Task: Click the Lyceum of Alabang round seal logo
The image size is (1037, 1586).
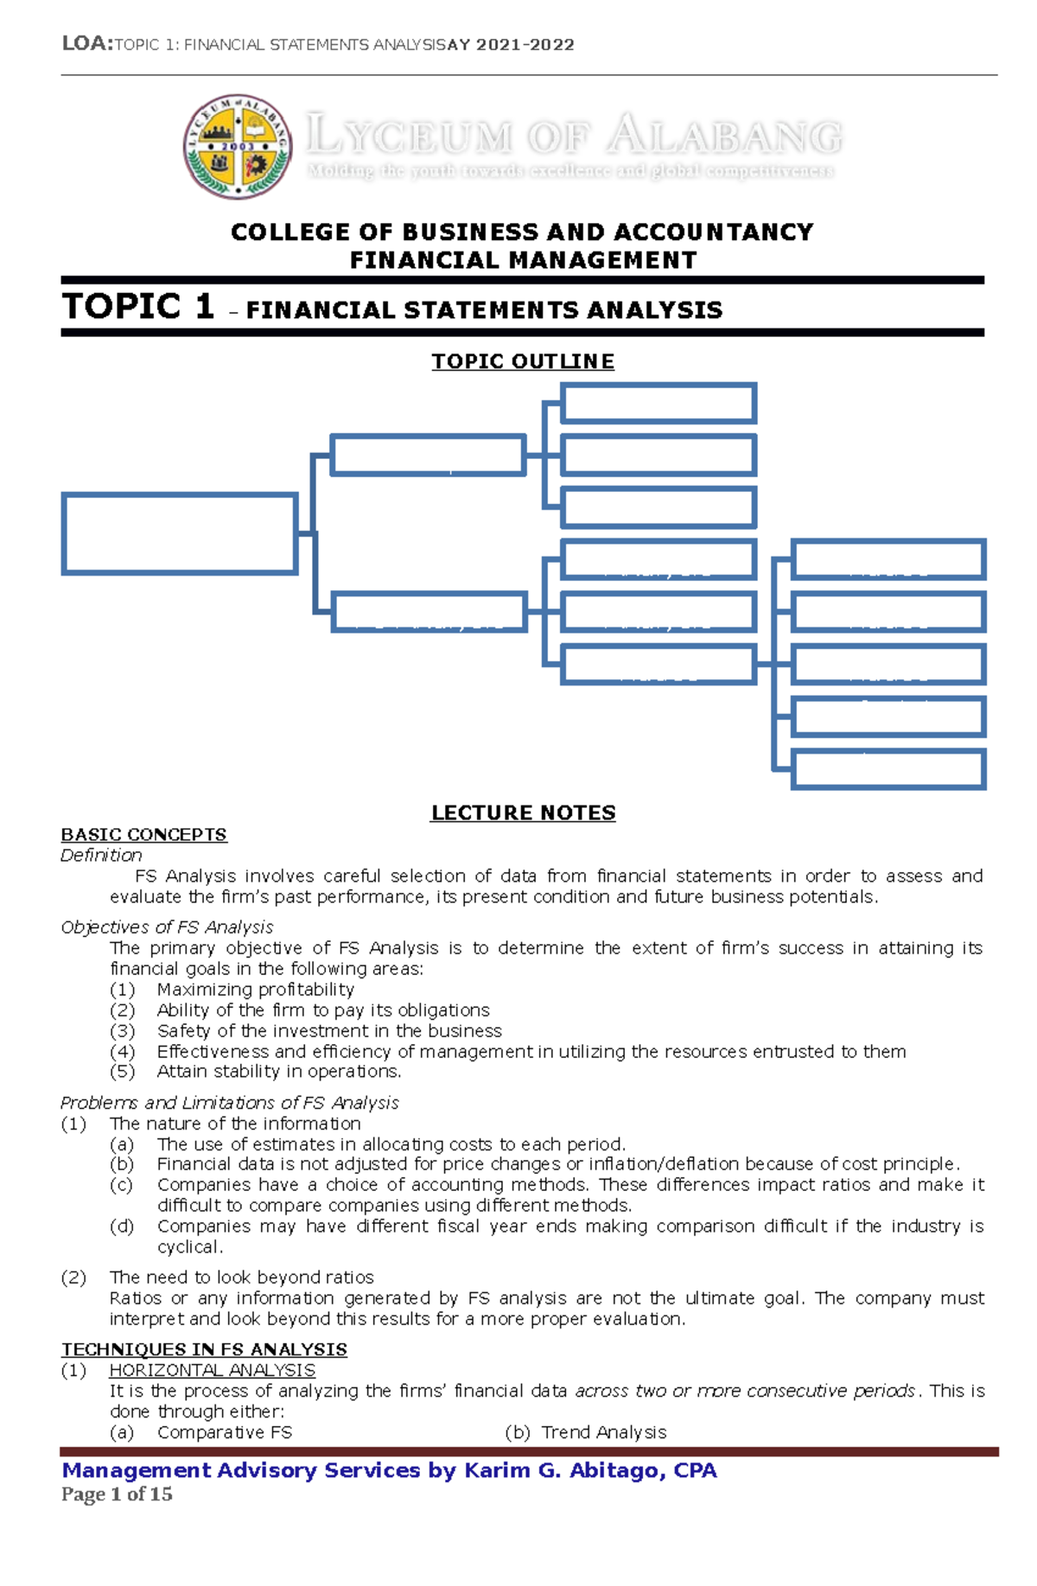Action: pos(237,146)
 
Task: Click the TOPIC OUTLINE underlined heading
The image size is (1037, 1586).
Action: pos(523,361)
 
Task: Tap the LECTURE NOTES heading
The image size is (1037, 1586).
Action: pos(523,812)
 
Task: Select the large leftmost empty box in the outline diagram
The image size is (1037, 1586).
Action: pos(180,533)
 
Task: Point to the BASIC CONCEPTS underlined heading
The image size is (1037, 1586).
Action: pos(143,834)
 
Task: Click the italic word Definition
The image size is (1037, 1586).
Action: pos(101,855)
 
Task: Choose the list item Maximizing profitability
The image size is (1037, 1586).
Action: pos(255,989)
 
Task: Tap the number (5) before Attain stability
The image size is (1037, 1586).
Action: pos(122,1072)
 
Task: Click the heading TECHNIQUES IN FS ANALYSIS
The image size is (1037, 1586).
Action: pos(204,1349)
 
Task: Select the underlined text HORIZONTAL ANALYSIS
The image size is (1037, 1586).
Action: pos(212,1370)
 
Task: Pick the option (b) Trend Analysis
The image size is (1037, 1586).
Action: pos(586,1432)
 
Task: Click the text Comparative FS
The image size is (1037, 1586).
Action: pos(224,1432)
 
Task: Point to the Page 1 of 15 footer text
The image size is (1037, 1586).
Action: pos(117,1494)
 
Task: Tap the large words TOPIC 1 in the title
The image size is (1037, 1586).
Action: pos(137,307)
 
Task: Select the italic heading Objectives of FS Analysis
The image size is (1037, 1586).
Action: pos(167,927)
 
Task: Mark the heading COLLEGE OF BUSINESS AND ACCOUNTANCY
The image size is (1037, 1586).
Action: pos(522,232)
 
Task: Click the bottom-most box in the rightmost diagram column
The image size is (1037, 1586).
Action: pos(888,769)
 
